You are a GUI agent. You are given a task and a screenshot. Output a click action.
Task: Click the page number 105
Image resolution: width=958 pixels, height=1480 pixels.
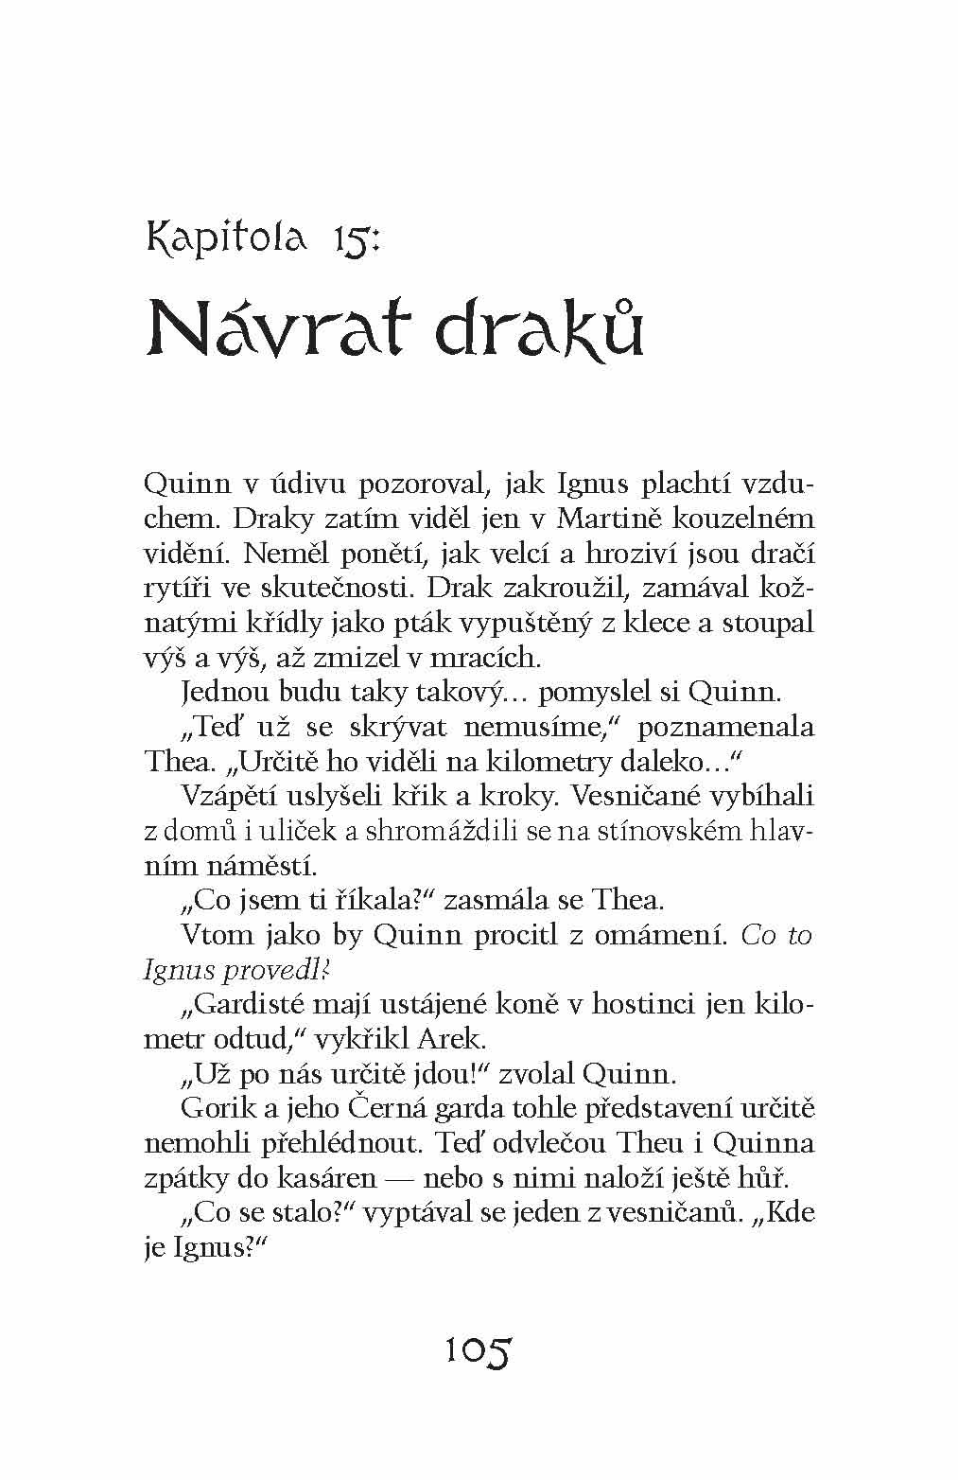click(478, 1349)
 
